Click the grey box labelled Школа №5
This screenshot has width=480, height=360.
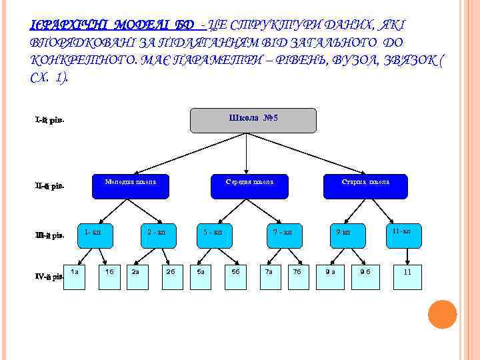(253, 121)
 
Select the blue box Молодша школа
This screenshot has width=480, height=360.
(130, 186)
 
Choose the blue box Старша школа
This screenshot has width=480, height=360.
(365, 186)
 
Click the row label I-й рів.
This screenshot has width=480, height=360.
(49, 121)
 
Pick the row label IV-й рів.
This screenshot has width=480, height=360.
(49, 275)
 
